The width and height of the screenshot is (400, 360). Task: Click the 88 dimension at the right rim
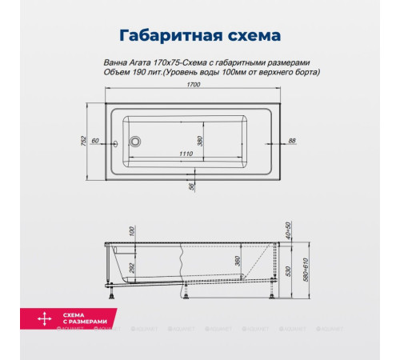[291, 140]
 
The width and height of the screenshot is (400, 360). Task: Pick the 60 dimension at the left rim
[94, 140]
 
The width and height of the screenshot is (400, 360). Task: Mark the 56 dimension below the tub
[193, 186]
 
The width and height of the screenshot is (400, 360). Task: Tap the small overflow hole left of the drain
[118, 144]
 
